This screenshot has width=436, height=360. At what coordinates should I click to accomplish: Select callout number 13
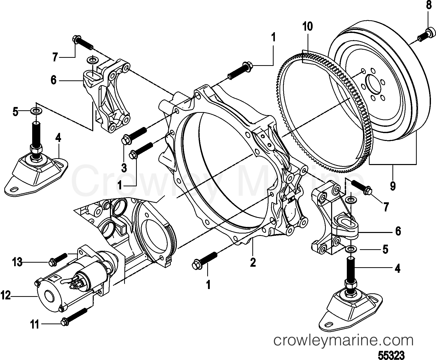[17, 262]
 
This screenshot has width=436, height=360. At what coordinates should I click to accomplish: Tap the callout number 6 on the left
[53, 80]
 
